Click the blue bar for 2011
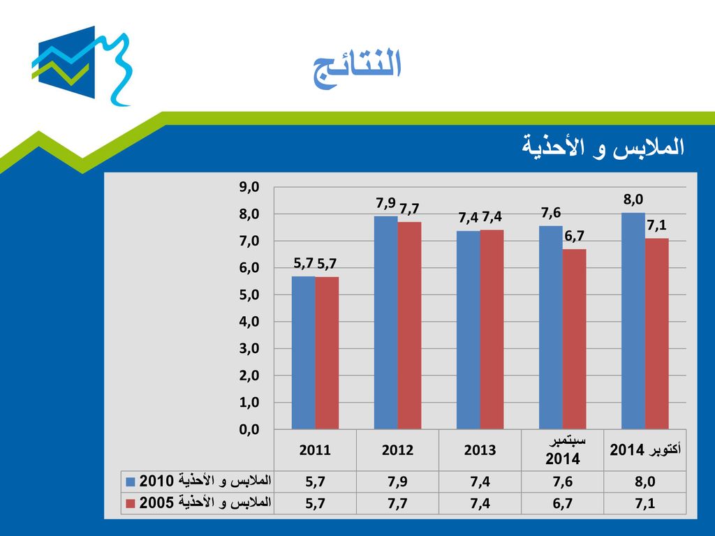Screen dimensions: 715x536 click(x=303, y=352)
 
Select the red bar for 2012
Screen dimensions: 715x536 click(x=409, y=325)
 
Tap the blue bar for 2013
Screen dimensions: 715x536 click(x=469, y=330)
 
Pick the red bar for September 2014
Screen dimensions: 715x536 click(x=574, y=339)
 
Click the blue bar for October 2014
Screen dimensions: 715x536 click(x=633, y=321)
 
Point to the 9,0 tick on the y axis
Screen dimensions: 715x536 click(x=249, y=187)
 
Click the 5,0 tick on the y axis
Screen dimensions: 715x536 click(x=249, y=295)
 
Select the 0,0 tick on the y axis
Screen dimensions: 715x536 click(x=249, y=429)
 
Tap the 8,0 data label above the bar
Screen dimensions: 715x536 click(x=633, y=200)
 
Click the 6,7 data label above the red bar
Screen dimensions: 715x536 click(x=574, y=236)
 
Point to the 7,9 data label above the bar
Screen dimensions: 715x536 click(x=385, y=203)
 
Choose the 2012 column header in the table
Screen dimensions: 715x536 click(x=397, y=450)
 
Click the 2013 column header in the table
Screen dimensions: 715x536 click(x=480, y=450)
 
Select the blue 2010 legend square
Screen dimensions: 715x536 click(x=131, y=482)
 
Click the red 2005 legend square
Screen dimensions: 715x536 click(x=131, y=504)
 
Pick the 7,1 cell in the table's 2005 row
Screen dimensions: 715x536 click(x=644, y=504)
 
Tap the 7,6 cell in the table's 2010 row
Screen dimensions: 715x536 click(x=563, y=482)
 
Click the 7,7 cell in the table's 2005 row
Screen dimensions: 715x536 click(x=397, y=504)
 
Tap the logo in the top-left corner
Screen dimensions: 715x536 click(x=82, y=66)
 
